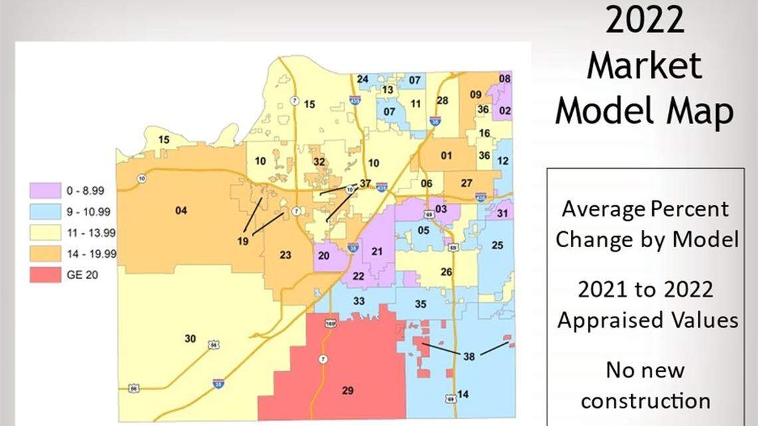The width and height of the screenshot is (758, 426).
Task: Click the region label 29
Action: click(347, 390)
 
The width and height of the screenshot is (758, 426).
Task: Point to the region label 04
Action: click(181, 211)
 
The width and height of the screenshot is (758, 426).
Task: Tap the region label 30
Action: click(190, 339)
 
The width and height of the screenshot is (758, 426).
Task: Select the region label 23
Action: click(285, 255)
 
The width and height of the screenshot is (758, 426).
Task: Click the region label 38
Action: click(469, 356)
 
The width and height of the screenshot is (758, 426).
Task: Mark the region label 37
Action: click(364, 183)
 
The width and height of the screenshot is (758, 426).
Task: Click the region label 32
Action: click(319, 161)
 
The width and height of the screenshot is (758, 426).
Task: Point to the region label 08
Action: click(505, 79)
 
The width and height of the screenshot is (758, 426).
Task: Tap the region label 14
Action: click(463, 395)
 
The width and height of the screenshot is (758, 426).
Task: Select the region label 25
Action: click(497, 245)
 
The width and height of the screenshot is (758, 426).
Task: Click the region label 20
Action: click(324, 255)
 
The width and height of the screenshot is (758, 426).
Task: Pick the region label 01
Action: click(446, 156)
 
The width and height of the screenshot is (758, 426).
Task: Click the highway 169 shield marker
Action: click(330, 324)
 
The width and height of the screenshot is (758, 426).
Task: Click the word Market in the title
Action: click(644, 68)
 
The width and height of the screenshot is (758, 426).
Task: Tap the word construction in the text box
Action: click(645, 401)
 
